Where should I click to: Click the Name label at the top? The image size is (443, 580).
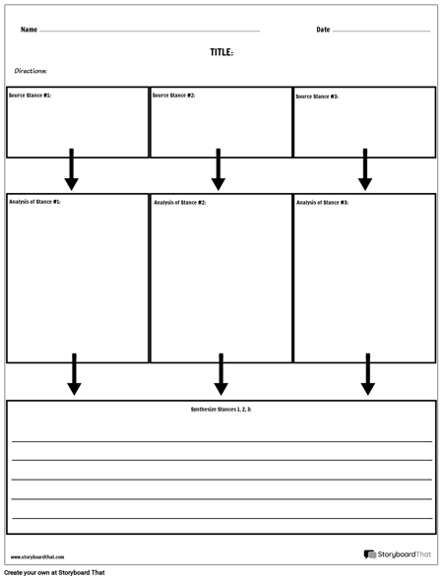[x=29, y=30]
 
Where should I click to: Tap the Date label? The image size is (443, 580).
[x=323, y=30]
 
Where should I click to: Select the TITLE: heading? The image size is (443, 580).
[x=221, y=52]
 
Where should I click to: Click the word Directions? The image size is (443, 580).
[x=31, y=71]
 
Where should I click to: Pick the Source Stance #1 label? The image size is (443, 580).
[x=30, y=96]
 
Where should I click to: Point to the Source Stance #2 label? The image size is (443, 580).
[x=174, y=96]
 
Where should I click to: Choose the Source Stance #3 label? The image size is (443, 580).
[x=317, y=97]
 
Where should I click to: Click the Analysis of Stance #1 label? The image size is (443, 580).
[x=34, y=202]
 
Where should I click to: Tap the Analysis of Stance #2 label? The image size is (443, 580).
[x=179, y=202]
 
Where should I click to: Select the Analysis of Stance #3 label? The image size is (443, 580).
[x=322, y=202]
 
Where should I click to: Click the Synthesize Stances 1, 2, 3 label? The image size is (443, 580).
[x=221, y=409]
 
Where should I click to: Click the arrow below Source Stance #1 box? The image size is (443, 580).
[x=71, y=170]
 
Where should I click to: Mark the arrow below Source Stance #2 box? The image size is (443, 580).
[x=219, y=170]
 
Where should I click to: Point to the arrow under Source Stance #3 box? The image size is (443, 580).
[x=365, y=170]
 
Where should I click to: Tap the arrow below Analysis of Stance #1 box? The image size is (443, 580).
[x=74, y=375]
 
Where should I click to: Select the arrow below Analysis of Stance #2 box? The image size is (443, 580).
[x=221, y=375]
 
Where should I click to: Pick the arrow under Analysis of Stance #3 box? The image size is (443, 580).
[x=367, y=375]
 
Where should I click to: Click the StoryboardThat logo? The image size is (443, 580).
[x=397, y=555]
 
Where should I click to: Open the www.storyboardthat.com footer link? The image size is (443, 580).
[x=37, y=557]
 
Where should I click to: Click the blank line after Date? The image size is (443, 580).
[x=382, y=32]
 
